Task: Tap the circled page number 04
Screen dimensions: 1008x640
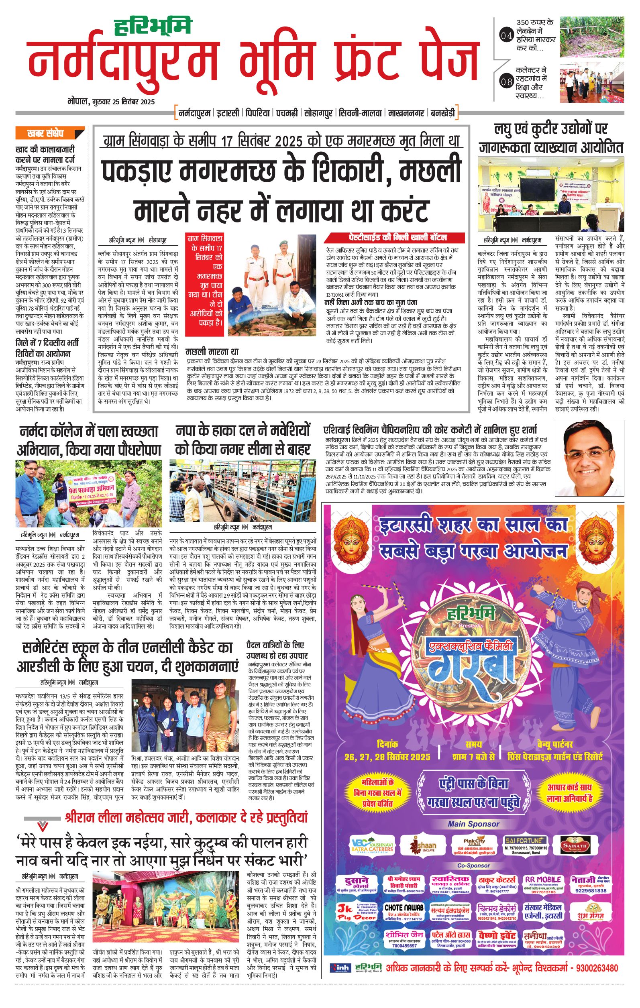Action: point(506,36)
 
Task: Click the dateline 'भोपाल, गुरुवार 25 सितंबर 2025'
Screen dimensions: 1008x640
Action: point(111,102)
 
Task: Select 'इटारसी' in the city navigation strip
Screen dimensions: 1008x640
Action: point(228,113)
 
